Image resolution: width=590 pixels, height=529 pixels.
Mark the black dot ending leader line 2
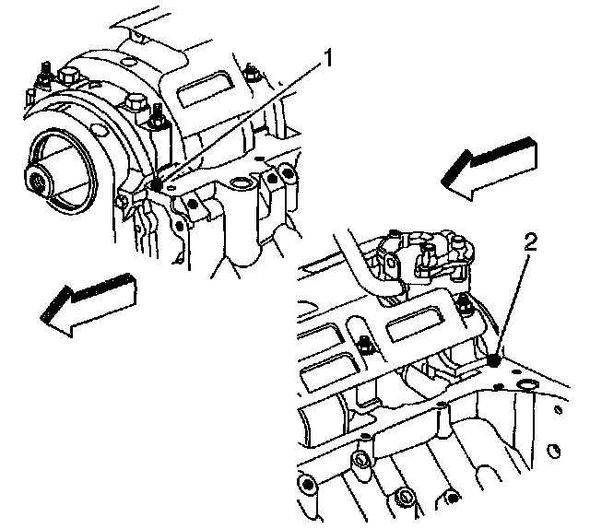click(495, 360)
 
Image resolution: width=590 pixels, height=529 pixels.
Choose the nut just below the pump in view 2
click(466, 307)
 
